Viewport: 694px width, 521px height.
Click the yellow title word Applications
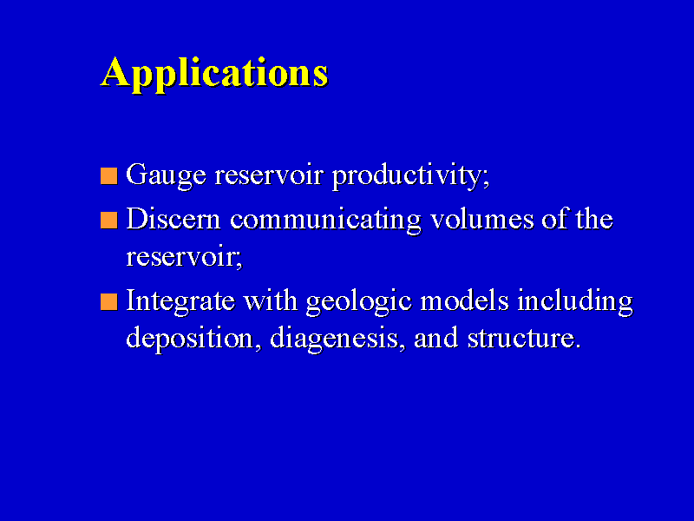pos(214,74)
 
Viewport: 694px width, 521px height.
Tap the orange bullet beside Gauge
pos(109,175)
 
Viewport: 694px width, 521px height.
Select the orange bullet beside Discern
pos(109,221)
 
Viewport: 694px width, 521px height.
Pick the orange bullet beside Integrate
pos(109,301)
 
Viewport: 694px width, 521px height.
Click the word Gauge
pos(167,176)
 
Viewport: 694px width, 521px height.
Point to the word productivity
pos(409,175)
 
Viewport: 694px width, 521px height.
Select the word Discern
pos(173,219)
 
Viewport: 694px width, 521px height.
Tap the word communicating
pos(325,221)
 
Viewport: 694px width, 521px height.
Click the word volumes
pos(482,219)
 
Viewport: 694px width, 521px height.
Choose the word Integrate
pos(180,301)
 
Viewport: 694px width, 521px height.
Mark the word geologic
pos(359,301)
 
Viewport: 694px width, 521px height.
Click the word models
pos(464,300)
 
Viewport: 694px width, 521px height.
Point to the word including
pos(575,301)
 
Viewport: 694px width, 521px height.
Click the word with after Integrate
pos(271,300)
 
